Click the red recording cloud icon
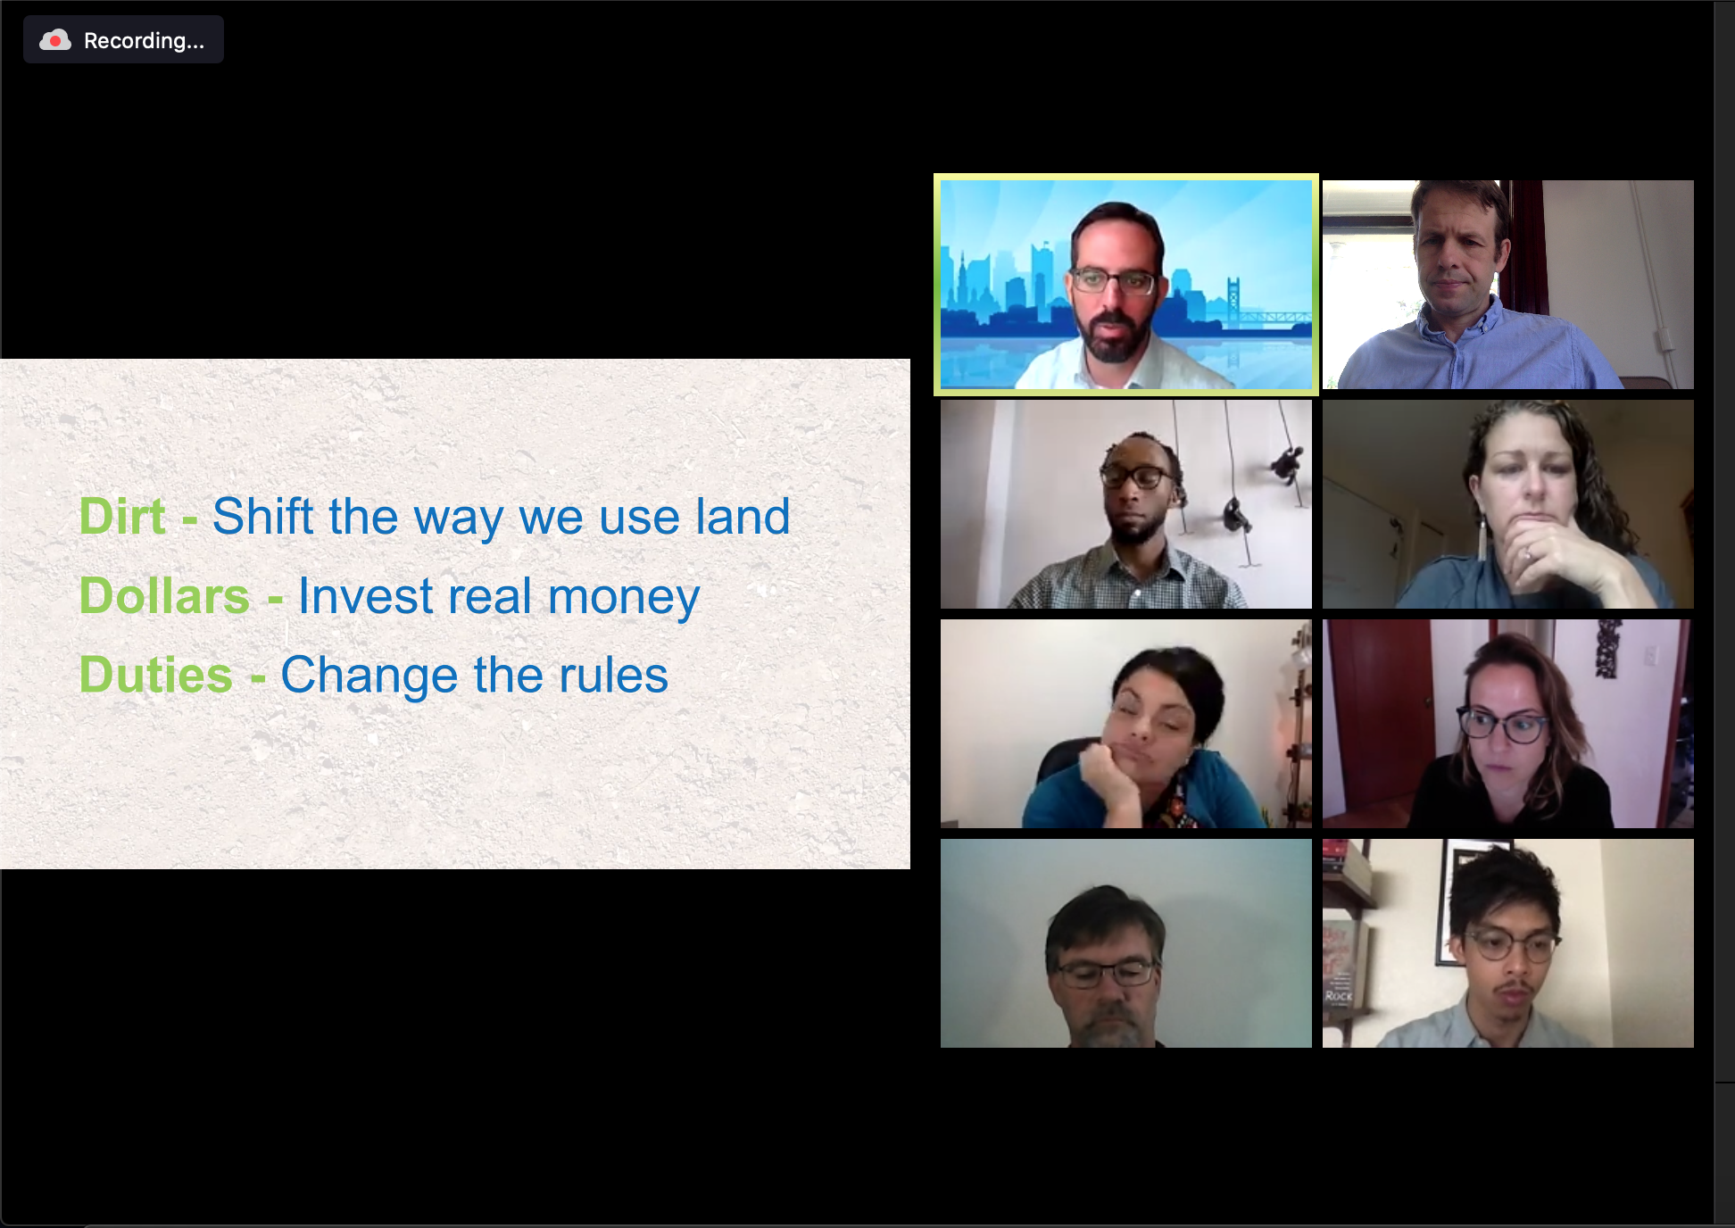(55, 40)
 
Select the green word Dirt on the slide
(122, 516)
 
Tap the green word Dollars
(164, 595)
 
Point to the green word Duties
(156, 674)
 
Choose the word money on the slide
(624, 598)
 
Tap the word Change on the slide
(369, 676)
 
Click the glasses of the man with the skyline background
(1113, 282)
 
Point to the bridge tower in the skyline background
(1233, 300)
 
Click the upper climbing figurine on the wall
(1285, 464)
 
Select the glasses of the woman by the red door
(1502, 725)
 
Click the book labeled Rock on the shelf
(1339, 994)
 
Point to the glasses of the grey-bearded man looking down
(1104, 973)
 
